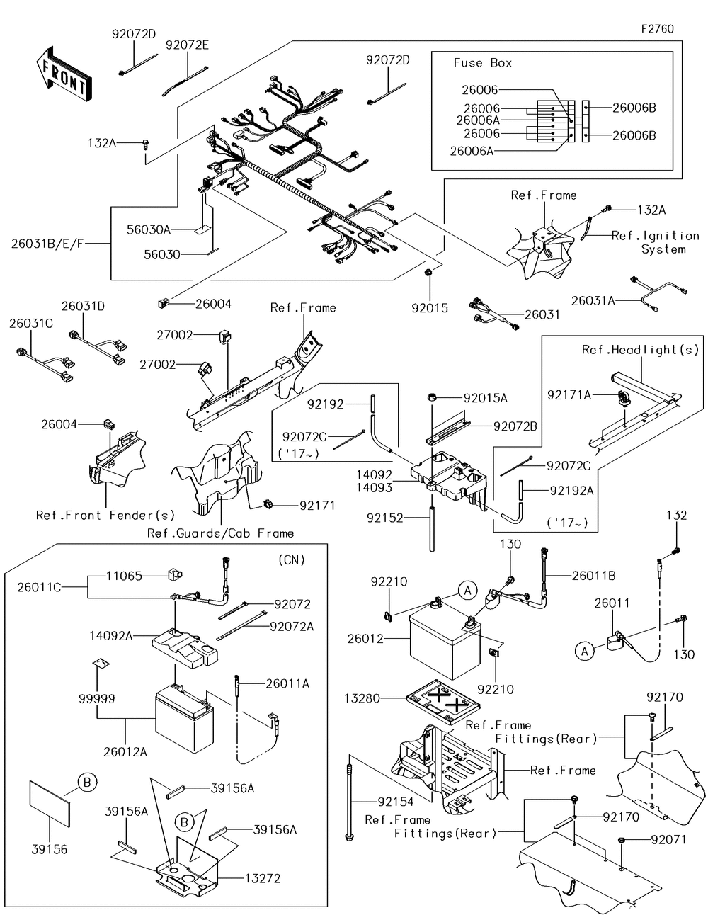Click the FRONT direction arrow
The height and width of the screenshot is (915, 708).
click(61, 73)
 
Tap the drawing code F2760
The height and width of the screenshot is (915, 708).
click(657, 29)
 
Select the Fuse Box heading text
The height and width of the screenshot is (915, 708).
click(482, 63)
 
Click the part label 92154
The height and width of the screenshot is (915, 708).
click(395, 802)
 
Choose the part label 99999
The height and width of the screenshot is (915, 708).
click(97, 698)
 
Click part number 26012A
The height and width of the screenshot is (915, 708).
click(125, 752)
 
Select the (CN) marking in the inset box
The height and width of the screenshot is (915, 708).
click(292, 559)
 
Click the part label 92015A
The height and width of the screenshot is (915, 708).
click(486, 398)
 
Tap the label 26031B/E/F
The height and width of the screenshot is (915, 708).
click(47, 243)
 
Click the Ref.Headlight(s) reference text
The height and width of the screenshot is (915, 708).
click(640, 350)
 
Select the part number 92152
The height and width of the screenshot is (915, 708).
click(384, 518)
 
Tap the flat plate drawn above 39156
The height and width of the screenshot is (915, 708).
click(50, 803)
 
